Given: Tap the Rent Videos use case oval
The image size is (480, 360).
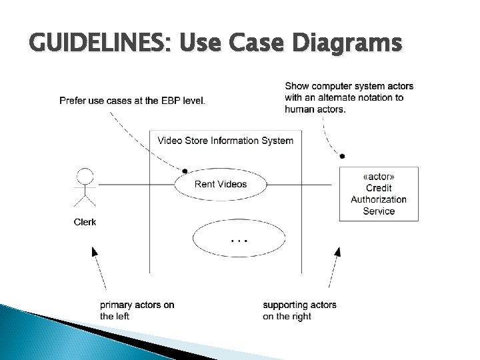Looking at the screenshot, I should [221, 184].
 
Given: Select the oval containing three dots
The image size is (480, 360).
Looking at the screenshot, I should [239, 238].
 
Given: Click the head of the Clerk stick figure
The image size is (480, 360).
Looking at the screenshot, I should [85, 176].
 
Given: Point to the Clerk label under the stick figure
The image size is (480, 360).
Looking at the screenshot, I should [85, 222].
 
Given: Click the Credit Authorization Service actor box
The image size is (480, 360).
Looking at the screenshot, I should [379, 194].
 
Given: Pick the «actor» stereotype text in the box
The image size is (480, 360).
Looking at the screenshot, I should [379, 177].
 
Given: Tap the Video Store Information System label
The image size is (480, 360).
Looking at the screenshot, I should [225, 141].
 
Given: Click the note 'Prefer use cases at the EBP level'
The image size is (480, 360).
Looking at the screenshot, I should [133, 101].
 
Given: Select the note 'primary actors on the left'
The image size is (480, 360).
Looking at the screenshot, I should [137, 310].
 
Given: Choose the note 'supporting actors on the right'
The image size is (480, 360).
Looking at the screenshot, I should [299, 310].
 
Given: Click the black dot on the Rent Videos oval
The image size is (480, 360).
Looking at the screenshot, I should [185, 171].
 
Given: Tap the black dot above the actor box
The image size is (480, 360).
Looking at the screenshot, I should [342, 156].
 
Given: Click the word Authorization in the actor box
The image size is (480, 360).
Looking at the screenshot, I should [379, 199].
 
